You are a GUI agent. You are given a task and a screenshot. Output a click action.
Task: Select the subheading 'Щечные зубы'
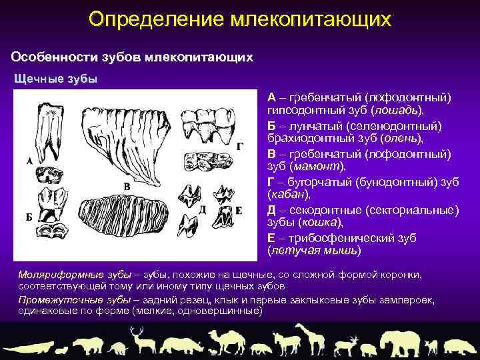click(x=56, y=79)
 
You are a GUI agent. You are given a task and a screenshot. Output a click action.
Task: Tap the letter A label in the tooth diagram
click(x=30, y=161)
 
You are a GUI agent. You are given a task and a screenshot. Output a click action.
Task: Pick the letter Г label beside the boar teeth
click(x=239, y=145)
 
